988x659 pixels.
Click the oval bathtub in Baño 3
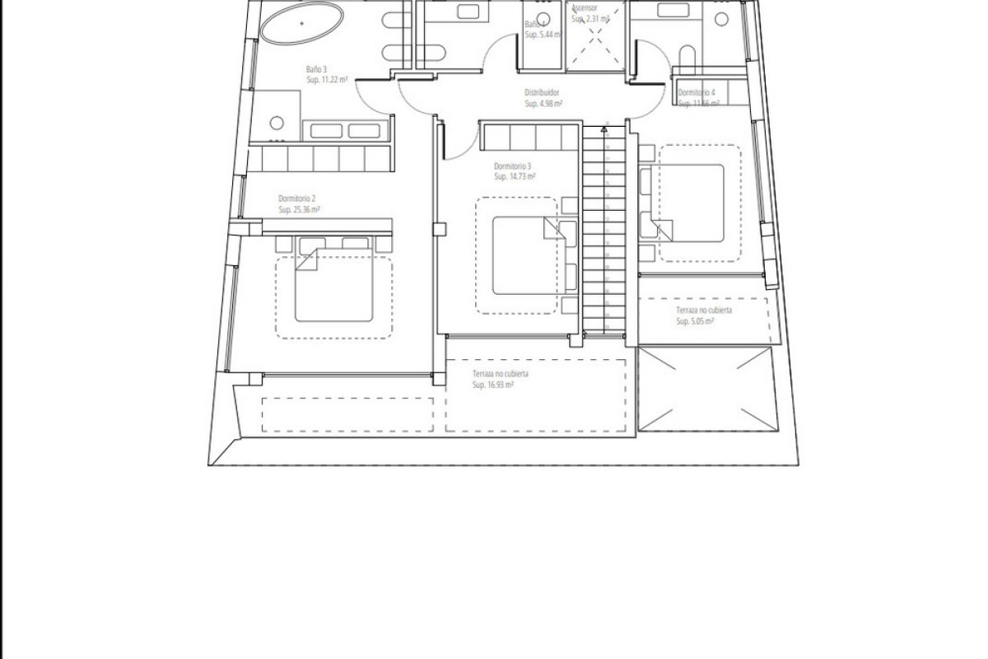tap(301, 24)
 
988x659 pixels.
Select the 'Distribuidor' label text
tap(543, 93)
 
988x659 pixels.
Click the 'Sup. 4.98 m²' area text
tap(544, 105)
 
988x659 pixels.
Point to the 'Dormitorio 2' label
tap(297, 199)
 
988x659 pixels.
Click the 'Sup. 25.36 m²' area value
tap(299, 210)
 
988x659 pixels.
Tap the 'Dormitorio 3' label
tap(513, 165)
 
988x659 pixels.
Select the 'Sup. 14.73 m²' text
tap(515, 176)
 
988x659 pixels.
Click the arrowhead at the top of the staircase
tap(605, 129)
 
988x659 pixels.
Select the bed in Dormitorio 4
tap(688, 203)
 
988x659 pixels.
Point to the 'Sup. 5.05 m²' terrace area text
tap(695, 322)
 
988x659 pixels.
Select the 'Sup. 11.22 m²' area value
tap(327, 81)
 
